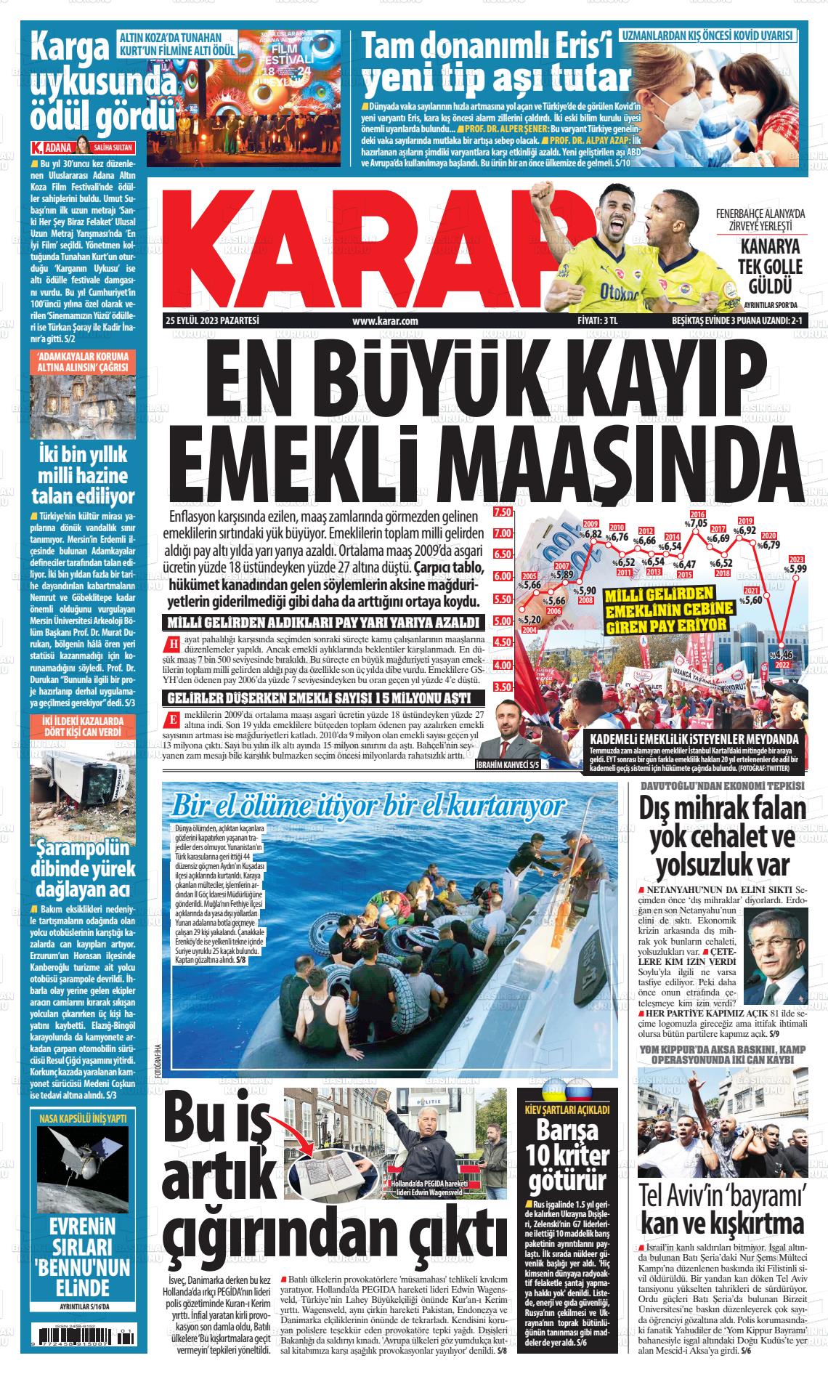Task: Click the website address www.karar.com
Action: click(x=384, y=320)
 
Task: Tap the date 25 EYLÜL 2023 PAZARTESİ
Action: click(x=213, y=320)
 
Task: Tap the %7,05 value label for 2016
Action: click(x=698, y=522)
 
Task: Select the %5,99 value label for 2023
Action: click(x=797, y=569)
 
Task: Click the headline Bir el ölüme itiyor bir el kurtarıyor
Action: click(x=367, y=807)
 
